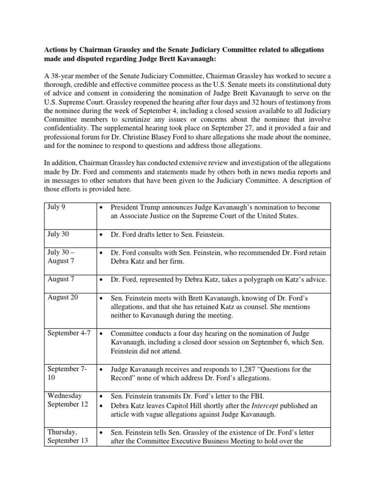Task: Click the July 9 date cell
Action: point(56,208)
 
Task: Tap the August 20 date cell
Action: point(62,297)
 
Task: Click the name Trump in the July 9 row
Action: point(150,207)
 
